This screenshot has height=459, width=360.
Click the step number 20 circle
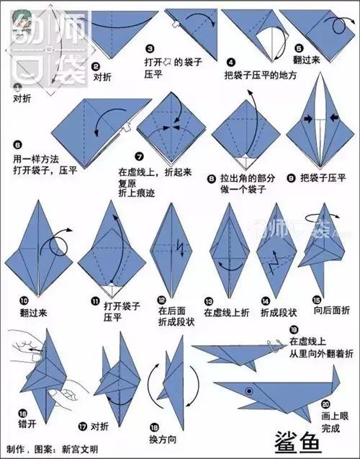(327, 404)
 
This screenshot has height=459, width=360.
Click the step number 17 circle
(82, 425)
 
